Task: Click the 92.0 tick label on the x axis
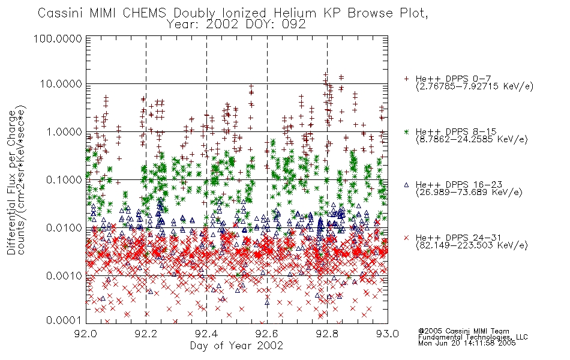pyautogui.click(x=86, y=334)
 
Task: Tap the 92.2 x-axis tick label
pyautogui.click(x=146, y=334)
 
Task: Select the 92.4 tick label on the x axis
pyautogui.click(x=206, y=334)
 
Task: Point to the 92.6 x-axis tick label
pyautogui.click(x=267, y=334)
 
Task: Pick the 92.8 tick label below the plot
pyautogui.click(x=327, y=334)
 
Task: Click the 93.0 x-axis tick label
pyautogui.click(x=388, y=334)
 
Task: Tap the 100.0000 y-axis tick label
pyautogui.click(x=58, y=38)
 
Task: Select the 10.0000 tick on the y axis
pyautogui.click(x=61, y=84)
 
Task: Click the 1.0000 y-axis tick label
pyautogui.click(x=64, y=131)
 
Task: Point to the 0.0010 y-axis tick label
pyautogui.click(x=64, y=275)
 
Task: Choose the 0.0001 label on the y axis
pyautogui.click(x=64, y=320)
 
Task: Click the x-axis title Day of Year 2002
pyautogui.click(x=236, y=346)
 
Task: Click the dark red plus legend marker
pyautogui.click(x=406, y=79)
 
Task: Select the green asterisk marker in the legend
pyautogui.click(x=406, y=131)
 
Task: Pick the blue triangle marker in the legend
pyautogui.click(x=406, y=185)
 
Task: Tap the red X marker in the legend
pyautogui.click(x=406, y=238)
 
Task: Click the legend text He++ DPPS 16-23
pyautogui.click(x=459, y=185)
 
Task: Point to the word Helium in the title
pyautogui.click(x=295, y=13)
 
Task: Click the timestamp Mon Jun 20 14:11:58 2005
pyautogui.click(x=467, y=343)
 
